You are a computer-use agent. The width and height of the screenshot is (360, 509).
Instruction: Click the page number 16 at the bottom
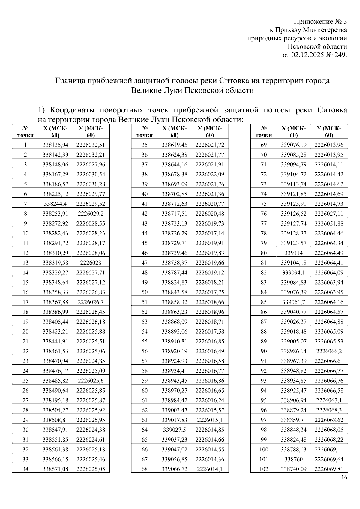[x=344, y=478]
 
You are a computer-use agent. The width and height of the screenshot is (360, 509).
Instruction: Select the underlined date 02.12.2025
[x=307, y=55]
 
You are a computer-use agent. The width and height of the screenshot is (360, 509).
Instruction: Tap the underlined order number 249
[x=340, y=55]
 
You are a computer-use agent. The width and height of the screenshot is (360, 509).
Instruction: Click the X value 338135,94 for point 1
[x=55, y=145]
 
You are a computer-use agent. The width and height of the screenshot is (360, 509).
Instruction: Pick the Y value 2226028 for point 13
[x=91, y=263]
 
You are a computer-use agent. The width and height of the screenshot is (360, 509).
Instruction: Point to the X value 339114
[x=294, y=253]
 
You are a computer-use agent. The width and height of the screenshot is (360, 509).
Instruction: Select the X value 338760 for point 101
[x=294, y=459]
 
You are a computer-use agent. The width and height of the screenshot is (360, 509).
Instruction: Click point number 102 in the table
[x=264, y=469]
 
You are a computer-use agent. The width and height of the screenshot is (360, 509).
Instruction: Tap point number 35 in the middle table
[x=145, y=145]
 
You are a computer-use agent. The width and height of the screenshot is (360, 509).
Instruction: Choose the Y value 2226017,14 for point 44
[x=210, y=233]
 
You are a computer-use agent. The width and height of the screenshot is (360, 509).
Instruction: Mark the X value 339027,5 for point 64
[x=175, y=430]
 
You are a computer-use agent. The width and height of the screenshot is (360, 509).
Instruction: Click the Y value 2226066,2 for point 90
[x=329, y=351]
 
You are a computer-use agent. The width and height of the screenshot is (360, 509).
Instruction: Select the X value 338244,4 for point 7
[x=55, y=204]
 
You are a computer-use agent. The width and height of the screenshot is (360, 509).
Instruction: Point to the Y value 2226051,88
[x=329, y=223]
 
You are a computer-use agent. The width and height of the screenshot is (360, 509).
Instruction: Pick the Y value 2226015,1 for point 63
[x=210, y=420]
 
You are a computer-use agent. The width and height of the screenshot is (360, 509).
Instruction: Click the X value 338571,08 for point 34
[x=55, y=469]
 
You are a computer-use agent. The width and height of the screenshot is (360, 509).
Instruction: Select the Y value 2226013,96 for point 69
[x=329, y=145]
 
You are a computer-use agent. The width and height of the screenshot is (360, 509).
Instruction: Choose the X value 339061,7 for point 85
[x=294, y=302]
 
